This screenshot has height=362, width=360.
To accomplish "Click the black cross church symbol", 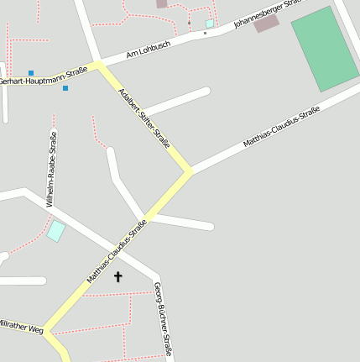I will pos(117,276).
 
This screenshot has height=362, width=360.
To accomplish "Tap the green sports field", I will pos(326,49).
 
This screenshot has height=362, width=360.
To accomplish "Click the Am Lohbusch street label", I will pos(148,50).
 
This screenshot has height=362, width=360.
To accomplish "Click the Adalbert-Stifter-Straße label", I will pos(145,118).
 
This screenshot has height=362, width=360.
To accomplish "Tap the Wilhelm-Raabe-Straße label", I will pos(52,169).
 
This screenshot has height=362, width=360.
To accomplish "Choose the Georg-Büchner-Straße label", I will pos(163,319).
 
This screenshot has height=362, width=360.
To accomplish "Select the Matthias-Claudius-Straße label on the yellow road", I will pos(117,250).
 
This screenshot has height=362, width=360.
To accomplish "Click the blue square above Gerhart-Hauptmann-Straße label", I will pos(31,73).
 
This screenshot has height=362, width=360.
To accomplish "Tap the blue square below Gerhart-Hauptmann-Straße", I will pos(65,87).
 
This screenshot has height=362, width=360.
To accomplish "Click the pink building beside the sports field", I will pos(267,24).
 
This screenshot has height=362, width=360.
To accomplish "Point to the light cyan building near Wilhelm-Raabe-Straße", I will pos(55,230).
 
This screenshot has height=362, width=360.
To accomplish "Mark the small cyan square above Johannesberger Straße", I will pos(209,24).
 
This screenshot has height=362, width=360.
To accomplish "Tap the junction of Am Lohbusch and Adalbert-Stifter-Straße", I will pos(99,65).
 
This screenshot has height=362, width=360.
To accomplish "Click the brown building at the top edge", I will pos(161,3).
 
